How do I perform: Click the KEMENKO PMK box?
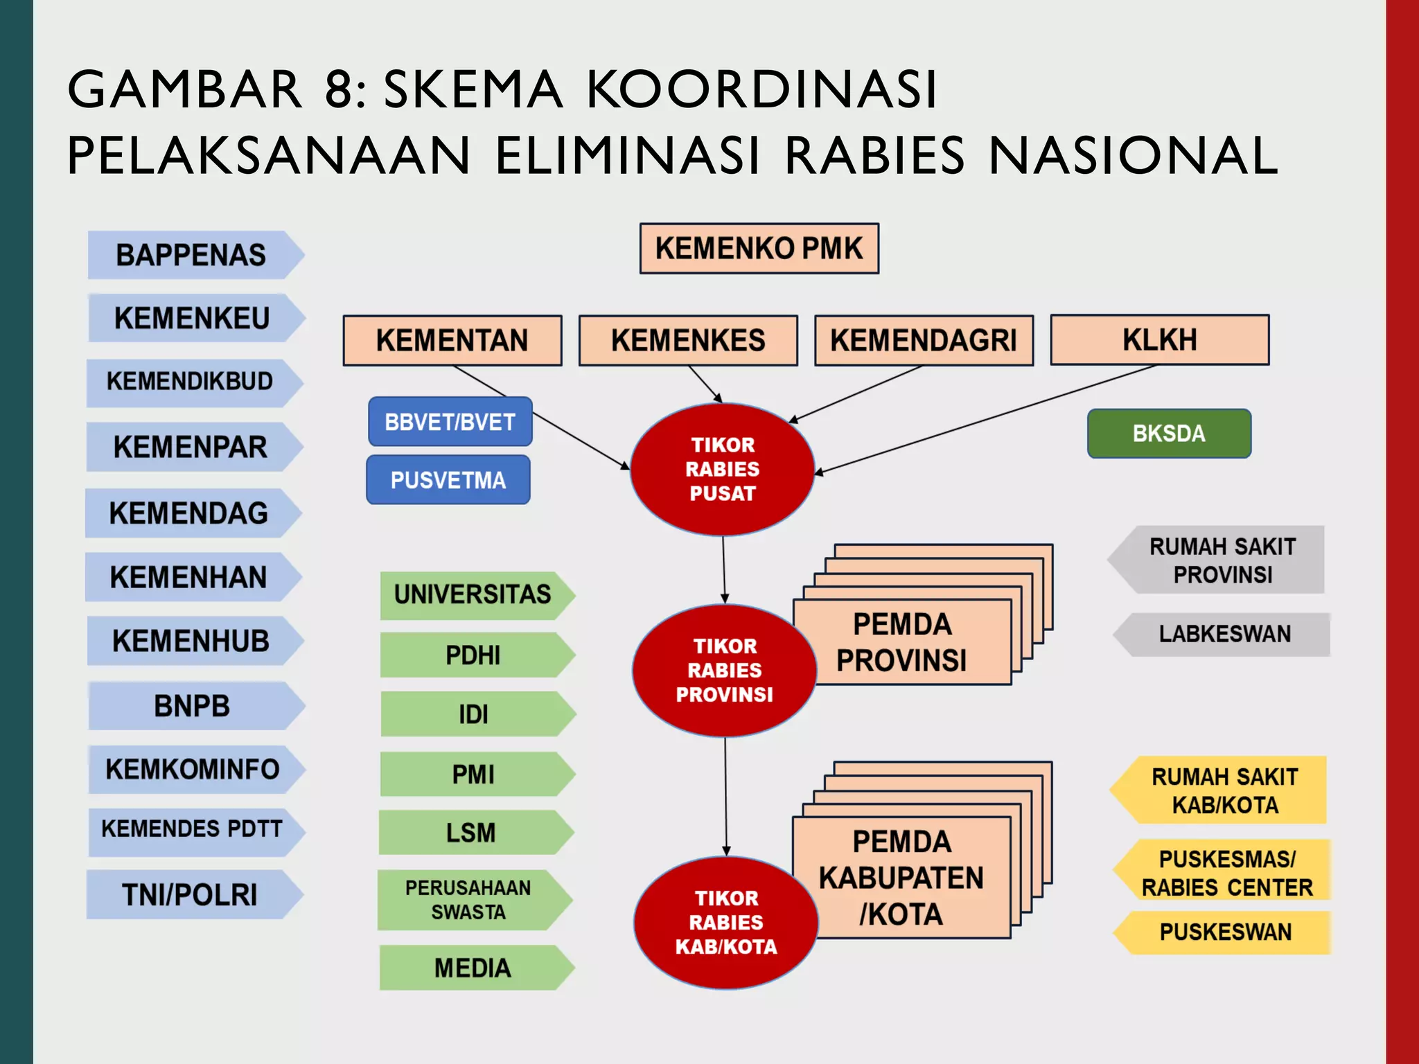[759, 249]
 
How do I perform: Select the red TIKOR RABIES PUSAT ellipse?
[722, 469]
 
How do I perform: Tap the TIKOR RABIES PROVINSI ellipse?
[724, 670]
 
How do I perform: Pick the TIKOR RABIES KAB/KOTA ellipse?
[725, 922]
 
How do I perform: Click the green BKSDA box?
[1169, 434]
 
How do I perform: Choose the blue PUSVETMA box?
[448, 480]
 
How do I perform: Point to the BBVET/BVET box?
[450, 422]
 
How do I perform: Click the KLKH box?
[1159, 340]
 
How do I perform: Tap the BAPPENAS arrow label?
[191, 255]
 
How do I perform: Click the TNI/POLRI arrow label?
[190, 894]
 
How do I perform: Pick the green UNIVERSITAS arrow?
[473, 594]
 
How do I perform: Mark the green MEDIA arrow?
[473, 968]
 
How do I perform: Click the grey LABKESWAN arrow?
[1224, 634]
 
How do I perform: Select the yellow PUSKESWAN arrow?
[1225, 932]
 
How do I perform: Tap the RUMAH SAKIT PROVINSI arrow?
[1222, 560]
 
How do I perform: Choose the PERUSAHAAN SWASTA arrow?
[468, 900]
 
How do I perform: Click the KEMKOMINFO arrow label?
[192, 769]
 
